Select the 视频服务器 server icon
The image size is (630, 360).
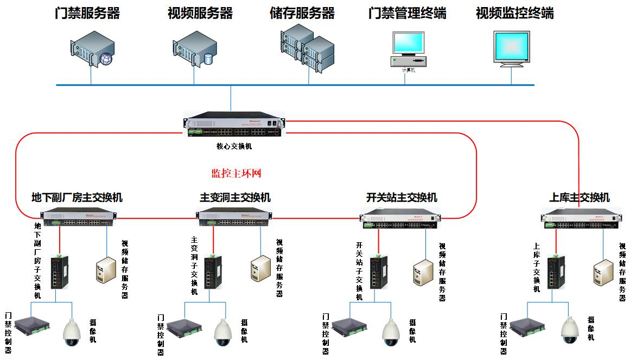click(x=194, y=49)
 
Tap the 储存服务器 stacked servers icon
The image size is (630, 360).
click(x=307, y=47)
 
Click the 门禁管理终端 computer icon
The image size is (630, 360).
click(x=408, y=49)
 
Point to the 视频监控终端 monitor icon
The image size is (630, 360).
click(x=511, y=49)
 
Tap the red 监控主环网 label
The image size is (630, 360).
click(x=237, y=174)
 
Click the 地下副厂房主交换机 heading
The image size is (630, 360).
click(x=77, y=198)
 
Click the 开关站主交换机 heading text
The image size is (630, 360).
click(x=402, y=198)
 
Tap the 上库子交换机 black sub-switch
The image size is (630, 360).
click(x=553, y=271)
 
